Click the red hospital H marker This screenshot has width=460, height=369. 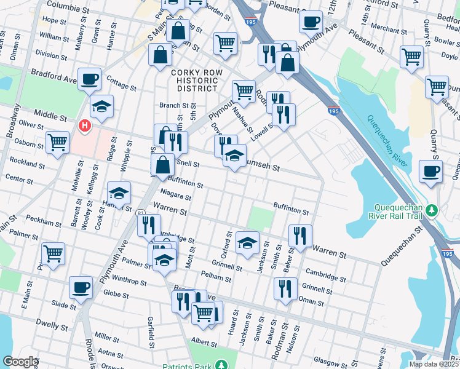pos(84,126)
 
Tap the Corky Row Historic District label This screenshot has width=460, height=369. pos(194,81)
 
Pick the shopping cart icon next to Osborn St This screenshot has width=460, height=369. pos(57,142)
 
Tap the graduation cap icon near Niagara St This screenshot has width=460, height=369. pos(119,193)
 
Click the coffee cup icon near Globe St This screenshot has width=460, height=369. pos(81,287)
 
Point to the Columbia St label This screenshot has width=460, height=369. pos(68,8)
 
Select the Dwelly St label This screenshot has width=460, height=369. pos(49,322)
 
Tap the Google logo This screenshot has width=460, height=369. pos(20,362)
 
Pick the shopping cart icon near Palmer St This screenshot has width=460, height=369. pos(53,253)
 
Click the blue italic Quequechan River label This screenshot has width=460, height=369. pos(388,141)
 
